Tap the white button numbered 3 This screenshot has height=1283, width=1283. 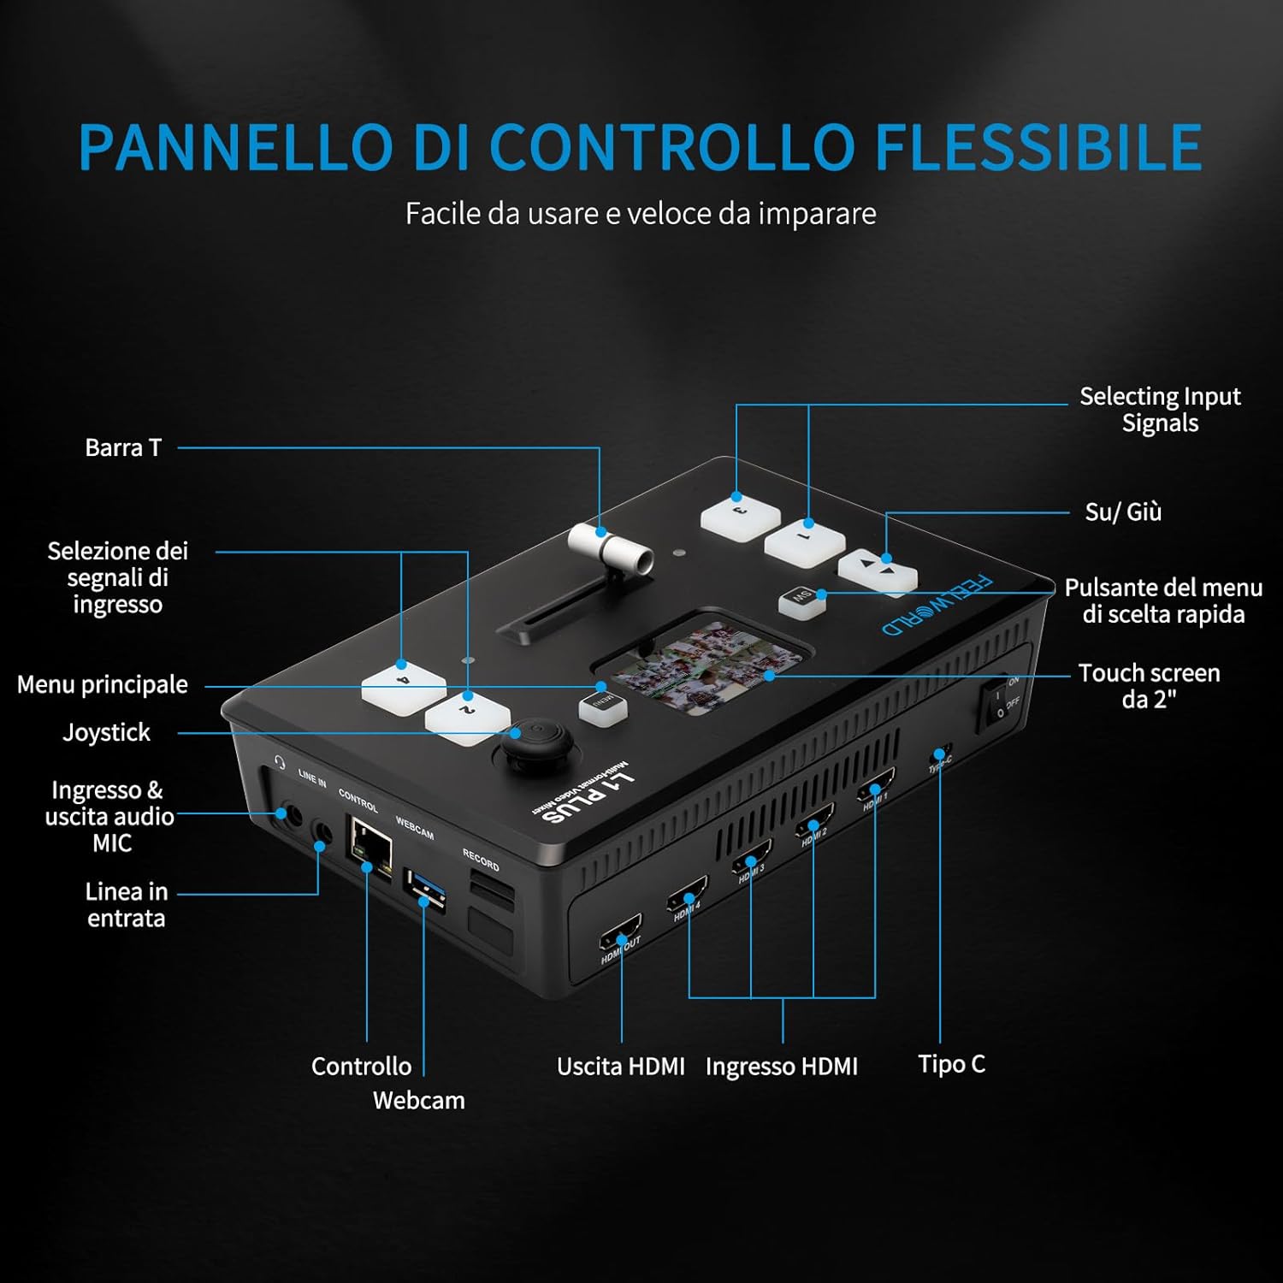740,517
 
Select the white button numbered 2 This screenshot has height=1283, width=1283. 468,717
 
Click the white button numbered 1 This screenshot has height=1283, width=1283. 804,542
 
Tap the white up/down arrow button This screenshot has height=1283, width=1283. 878,570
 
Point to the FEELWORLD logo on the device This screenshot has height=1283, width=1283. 937,605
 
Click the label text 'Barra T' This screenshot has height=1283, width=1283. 123,447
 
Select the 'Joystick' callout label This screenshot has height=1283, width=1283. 106,733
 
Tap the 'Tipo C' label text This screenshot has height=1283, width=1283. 951,1064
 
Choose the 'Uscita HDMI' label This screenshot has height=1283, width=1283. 620,1067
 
